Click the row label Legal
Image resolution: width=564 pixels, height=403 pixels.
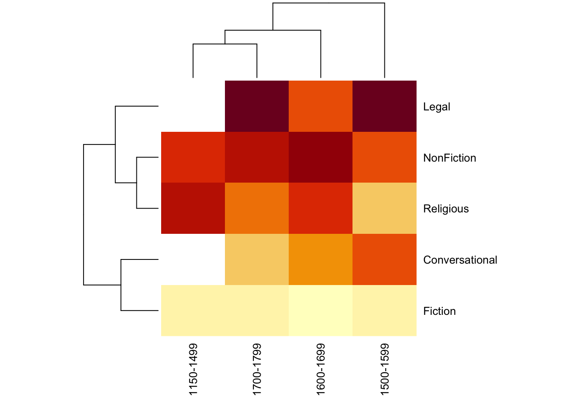coord(436,107)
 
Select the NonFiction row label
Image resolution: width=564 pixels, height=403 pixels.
coord(449,158)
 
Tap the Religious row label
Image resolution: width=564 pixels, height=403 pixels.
coord(446,209)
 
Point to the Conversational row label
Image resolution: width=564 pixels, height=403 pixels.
coord(460,260)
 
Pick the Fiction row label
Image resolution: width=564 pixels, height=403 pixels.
coord(439,311)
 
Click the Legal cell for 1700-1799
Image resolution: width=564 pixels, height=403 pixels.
coord(257,106)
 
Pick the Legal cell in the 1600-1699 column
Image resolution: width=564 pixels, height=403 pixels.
coord(321,106)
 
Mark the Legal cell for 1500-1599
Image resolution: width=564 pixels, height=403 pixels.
coord(384,106)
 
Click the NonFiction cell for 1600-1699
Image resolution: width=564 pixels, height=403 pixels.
coord(321,157)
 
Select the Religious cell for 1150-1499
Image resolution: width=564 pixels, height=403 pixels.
coord(193,208)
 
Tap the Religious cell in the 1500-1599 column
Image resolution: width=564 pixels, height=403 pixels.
coord(384,208)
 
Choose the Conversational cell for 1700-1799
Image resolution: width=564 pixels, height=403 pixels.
coord(257,259)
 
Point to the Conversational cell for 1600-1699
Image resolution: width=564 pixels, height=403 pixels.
coord(321,259)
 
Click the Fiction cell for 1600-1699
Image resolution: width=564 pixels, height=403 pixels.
coord(321,311)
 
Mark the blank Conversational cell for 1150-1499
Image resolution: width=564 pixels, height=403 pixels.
coord(193,259)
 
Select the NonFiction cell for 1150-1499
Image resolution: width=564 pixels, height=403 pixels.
coord(193,157)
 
